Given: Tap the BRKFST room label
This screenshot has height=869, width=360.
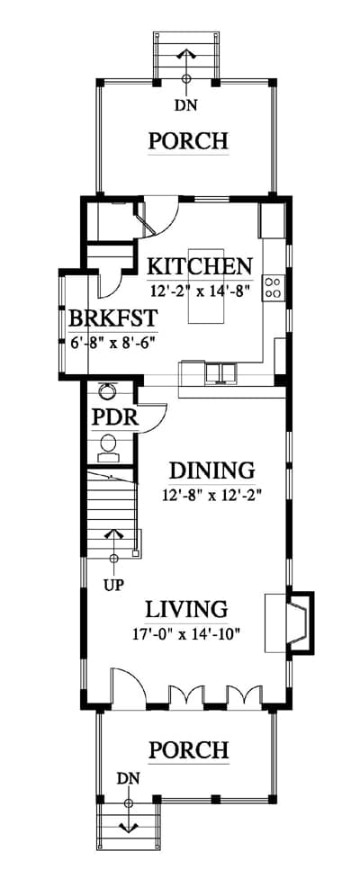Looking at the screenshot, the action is coord(112,319).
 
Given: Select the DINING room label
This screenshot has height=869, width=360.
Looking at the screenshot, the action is coord(211,470).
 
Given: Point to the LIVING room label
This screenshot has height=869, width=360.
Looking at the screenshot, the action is coord(186,609).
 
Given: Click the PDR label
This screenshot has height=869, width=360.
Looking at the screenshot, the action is coord(114,418).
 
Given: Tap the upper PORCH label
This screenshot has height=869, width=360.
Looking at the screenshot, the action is coord(188,140).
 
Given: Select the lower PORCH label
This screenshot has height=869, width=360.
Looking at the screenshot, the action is coord(188,750).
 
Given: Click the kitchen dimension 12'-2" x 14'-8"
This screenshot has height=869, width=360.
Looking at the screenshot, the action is coord(198,290).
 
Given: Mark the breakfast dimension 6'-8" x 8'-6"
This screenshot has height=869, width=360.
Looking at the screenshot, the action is coord(112,342).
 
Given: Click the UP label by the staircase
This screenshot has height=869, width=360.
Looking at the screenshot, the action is coord(113,584).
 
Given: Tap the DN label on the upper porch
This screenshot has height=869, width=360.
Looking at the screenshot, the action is coord(186,104).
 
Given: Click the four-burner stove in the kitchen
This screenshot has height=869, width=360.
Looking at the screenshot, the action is coord(273,288).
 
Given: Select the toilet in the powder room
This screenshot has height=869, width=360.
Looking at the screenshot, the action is coord(108,449).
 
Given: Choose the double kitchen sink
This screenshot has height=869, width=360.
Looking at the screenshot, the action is coord(220,373).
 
